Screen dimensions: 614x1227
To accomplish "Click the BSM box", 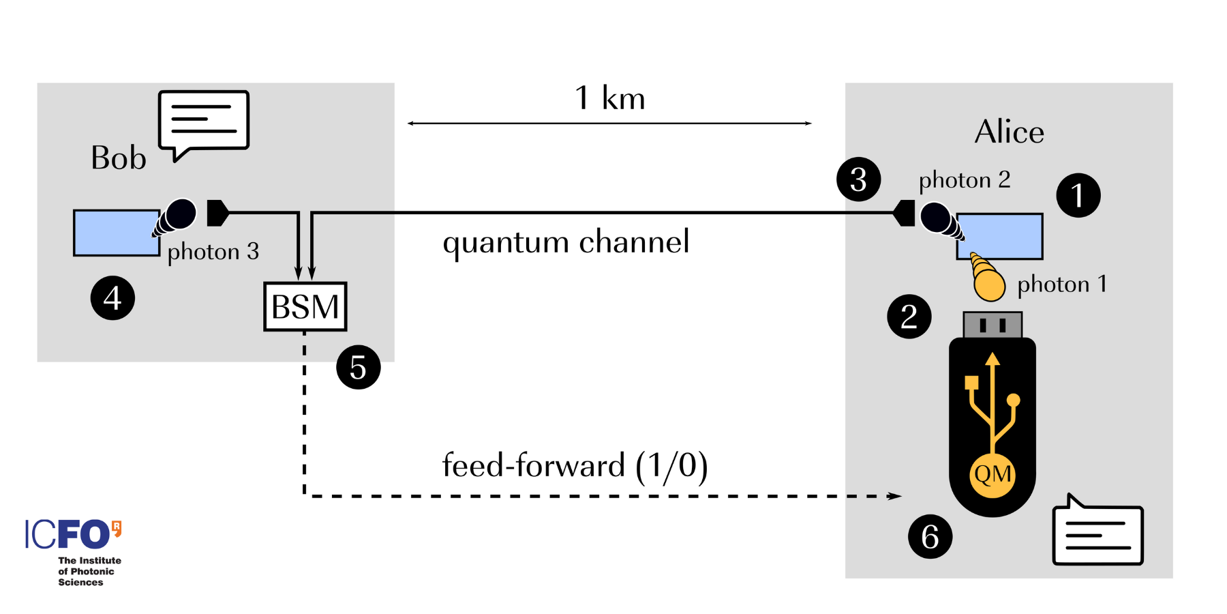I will (305, 306).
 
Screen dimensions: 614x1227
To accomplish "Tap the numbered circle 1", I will (1078, 195).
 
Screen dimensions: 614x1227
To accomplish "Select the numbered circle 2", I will (909, 317).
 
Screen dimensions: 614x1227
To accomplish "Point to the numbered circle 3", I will (858, 179).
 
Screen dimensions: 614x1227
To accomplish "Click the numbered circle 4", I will (112, 298).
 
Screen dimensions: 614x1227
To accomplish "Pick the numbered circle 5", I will (358, 367).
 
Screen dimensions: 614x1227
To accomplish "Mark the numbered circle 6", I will (930, 536).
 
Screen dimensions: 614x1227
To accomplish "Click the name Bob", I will (119, 158).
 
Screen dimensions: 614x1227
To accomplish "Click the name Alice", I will (1009, 132).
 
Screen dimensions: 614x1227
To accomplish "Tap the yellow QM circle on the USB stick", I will (992, 474).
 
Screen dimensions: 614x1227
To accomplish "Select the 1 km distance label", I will (609, 99).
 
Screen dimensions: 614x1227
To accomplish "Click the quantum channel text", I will (566, 242).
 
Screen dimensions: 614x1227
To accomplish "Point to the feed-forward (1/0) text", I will (575, 466).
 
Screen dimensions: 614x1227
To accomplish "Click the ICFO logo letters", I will (68, 534).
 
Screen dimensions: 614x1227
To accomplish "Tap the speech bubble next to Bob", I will (204, 121).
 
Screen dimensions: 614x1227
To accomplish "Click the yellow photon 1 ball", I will (989, 284).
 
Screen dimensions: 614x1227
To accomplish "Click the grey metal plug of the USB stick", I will (992, 325).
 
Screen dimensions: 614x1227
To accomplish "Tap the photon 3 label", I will (213, 252).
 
